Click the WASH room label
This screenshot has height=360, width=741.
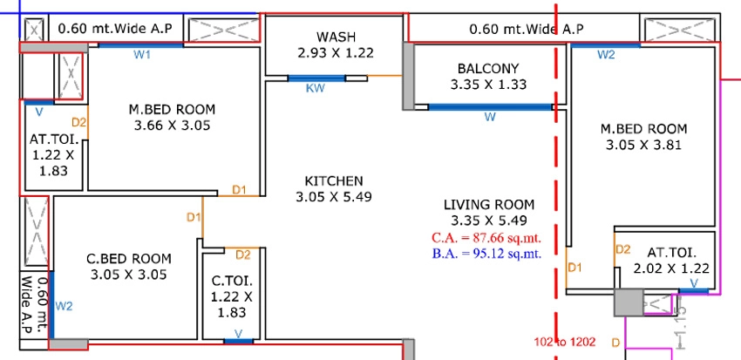336,37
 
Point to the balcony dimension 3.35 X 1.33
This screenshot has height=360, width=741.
488,85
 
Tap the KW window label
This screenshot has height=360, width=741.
316,88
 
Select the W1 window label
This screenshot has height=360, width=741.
142,55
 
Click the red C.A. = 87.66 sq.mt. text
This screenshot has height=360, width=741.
486,238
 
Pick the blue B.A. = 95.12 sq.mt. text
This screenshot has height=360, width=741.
486,254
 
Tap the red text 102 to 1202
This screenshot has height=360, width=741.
565,342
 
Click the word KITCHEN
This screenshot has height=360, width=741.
334,181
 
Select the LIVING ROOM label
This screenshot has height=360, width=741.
489,205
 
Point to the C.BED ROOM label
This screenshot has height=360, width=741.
129,259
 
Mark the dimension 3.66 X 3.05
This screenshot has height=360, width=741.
172,126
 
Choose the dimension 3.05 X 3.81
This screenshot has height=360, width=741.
643,145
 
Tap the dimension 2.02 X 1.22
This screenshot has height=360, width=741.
671,268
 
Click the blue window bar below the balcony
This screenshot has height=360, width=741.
490,107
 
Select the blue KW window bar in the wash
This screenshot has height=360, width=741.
316,78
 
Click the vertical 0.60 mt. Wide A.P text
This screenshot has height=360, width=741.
36,305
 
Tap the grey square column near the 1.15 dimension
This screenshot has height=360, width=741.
629,302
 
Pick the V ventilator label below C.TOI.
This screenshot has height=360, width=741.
238,335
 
